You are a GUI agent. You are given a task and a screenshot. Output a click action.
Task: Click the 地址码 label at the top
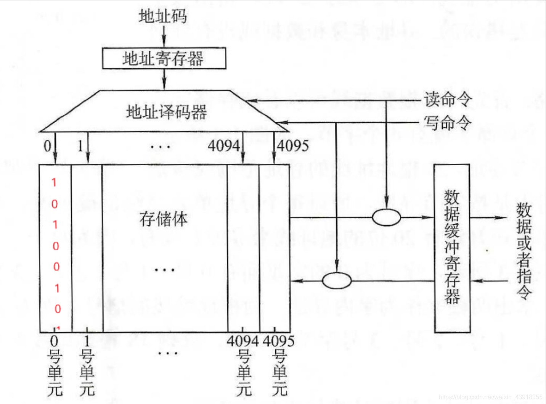tap(163, 16)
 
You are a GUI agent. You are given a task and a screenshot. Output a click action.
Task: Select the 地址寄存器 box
tap(164, 58)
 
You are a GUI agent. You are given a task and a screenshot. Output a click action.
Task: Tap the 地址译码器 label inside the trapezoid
tap(166, 112)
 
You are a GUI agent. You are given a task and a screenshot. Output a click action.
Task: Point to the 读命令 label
tap(448, 99)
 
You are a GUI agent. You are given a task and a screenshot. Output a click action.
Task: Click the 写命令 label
tap(448, 123)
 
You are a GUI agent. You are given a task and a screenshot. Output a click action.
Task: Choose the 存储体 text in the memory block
tap(164, 219)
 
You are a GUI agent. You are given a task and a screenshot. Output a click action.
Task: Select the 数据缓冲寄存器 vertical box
tap(452, 248)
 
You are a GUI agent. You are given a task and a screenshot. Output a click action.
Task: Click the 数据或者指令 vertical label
tap(524, 252)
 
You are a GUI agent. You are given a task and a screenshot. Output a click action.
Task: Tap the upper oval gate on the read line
tap(386, 218)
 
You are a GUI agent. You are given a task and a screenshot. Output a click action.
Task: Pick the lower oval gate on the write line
tap(337, 281)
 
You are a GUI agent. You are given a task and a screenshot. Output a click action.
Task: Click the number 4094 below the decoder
tap(224, 146)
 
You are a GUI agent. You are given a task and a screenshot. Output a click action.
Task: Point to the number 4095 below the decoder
tap(293, 146)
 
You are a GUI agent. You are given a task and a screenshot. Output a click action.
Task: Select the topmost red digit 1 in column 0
tap(54, 183)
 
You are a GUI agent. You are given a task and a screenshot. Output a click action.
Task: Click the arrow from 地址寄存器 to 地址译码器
tap(164, 79)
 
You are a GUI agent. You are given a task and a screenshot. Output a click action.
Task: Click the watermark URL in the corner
tap(490, 397)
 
